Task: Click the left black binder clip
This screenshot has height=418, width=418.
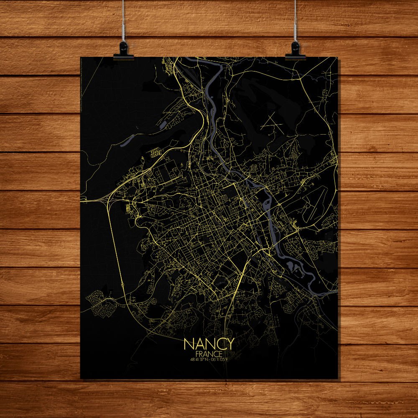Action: tap(124, 50)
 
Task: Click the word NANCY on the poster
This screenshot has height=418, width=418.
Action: tap(209, 344)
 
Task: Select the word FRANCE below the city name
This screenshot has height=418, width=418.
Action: tap(209, 354)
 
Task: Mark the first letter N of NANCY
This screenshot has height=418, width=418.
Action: tap(189, 344)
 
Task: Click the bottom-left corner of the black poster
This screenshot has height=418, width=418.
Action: tap(81, 378)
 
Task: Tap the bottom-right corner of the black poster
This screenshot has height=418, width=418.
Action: tap(337, 378)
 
